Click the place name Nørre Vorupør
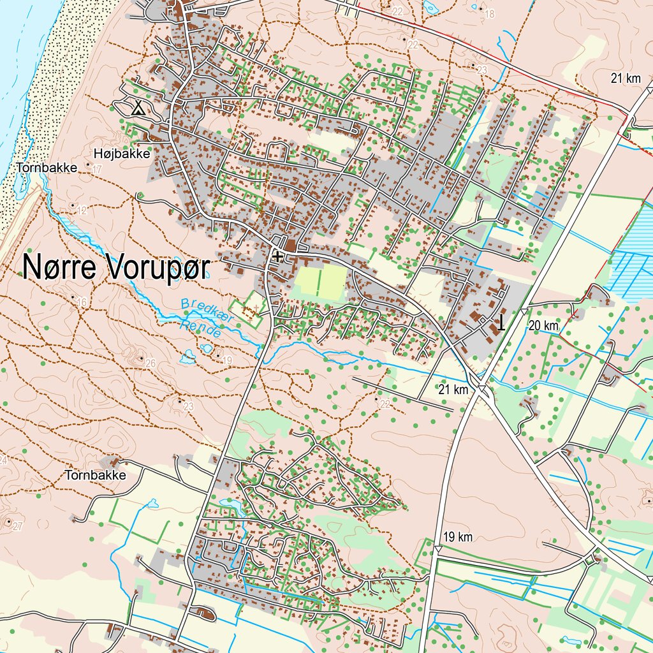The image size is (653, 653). pyautogui.click(x=115, y=268)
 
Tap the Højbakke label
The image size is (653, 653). pyautogui.click(x=121, y=154)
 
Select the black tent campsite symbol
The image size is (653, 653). pyautogui.click(x=137, y=108)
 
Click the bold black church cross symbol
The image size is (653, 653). pyautogui.click(x=277, y=256)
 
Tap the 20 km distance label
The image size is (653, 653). pyautogui.click(x=543, y=326)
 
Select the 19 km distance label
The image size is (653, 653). pyautogui.click(x=457, y=537)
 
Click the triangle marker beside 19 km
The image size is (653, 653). pyautogui.click(x=438, y=549)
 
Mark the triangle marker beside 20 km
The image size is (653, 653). pyautogui.click(x=523, y=311)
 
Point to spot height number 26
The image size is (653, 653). pyautogui.click(x=150, y=363)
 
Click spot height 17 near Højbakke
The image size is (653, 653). pyautogui.click(x=96, y=170)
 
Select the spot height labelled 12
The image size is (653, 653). pyautogui.click(x=82, y=210)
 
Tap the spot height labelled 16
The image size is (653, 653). pyautogui.click(x=81, y=302)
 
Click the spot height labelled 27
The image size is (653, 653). pyautogui.click(x=17, y=526)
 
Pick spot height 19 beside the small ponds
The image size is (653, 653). pyautogui.click(x=227, y=361)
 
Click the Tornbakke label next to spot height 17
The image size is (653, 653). pyautogui.click(x=47, y=167)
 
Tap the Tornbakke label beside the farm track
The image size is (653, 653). pyautogui.click(x=95, y=475)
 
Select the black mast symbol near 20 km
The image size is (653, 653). pyautogui.click(x=501, y=323)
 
